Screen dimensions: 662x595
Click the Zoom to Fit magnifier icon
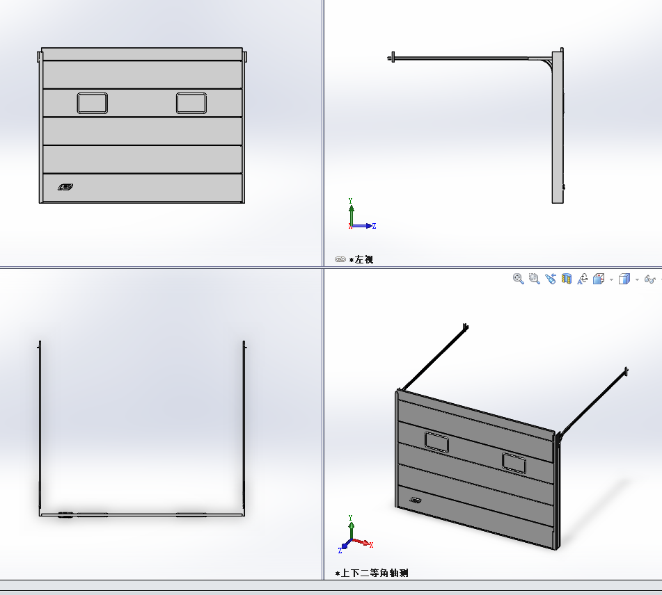(518, 279)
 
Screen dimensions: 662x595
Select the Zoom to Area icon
(534, 279)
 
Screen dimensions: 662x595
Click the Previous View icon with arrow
(550, 279)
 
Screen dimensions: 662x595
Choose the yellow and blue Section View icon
(566, 279)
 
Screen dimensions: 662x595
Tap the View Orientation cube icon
(598, 279)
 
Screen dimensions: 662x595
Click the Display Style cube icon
(624, 279)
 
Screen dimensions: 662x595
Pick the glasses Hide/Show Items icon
(649, 279)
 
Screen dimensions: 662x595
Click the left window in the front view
(93, 104)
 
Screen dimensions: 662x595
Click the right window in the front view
(191, 104)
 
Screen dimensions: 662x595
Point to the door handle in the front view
(65, 187)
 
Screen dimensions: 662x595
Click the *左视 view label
(361, 259)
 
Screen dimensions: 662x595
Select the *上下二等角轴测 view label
(372, 573)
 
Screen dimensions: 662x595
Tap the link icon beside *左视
(340, 259)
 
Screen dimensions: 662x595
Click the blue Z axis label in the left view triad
(374, 226)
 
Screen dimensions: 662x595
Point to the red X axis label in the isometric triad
(371, 545)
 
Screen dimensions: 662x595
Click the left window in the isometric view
(436, 442)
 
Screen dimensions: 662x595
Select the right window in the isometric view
(514, 463)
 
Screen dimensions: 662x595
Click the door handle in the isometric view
(416, 500)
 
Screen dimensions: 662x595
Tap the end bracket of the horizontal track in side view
(393, 58)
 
